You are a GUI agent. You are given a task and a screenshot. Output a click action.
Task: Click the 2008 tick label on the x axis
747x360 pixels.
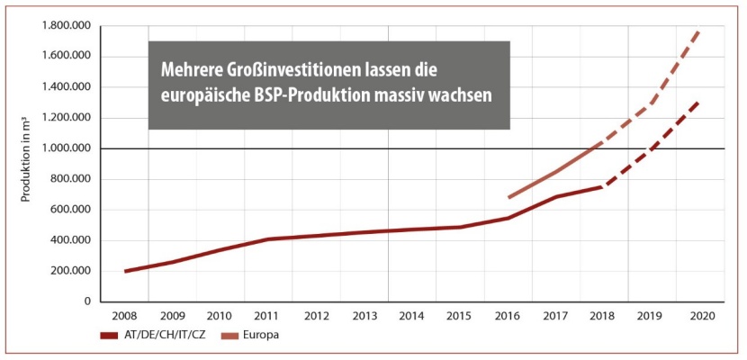(x=125, y=317)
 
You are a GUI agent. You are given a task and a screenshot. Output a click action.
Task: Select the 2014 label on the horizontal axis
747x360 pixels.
(x=411, y=317)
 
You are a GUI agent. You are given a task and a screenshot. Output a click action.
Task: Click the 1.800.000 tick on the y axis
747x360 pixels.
(x=65, y=26)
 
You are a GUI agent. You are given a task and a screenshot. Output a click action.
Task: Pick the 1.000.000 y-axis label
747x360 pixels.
(x=65, y=148)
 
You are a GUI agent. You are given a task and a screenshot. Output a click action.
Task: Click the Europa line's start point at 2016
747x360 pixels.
(x=508, y=197)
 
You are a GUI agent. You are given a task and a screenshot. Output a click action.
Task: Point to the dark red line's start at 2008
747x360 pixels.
(x=125, y=271)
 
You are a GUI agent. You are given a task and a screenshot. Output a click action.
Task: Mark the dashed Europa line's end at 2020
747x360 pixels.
(x=700, y=30)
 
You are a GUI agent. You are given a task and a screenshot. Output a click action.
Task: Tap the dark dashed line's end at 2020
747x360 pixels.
(x=700, y=101)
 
